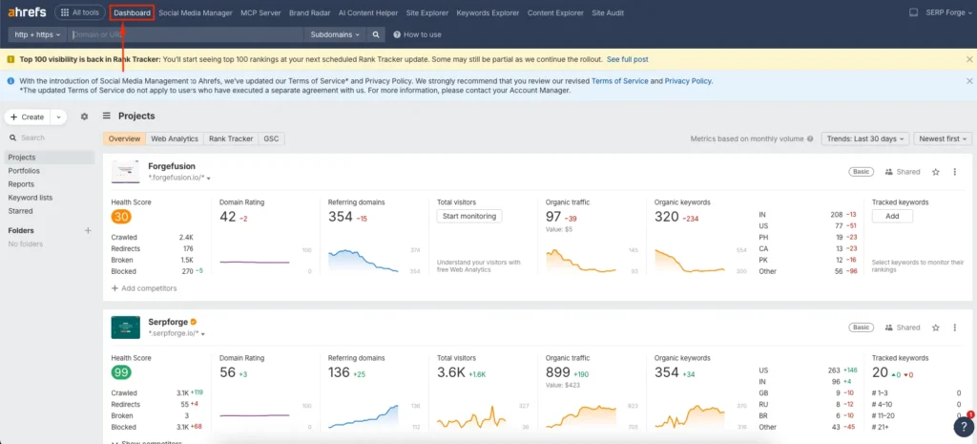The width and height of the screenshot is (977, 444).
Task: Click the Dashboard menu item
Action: click(132, 12)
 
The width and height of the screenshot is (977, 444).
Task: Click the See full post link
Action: click(627, 59)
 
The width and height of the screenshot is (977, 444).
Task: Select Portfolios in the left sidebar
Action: click(24, 171)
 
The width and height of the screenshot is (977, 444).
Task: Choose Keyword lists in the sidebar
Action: click(30, 198)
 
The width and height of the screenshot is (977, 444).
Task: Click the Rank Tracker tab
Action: click(231, 138)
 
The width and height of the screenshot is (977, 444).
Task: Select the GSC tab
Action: click(271, 138)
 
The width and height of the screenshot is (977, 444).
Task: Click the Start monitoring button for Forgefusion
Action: click(469, 216)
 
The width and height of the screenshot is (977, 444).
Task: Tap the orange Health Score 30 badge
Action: click(121, 217)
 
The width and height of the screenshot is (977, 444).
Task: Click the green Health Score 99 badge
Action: click(121, 371)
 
